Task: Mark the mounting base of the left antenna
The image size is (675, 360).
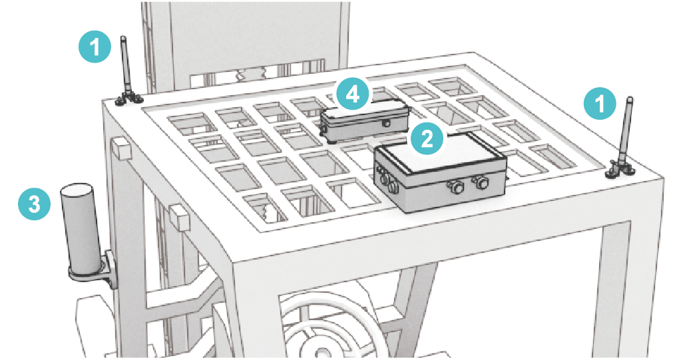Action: pos(128,99)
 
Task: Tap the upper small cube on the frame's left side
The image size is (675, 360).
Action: pos(120,148)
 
